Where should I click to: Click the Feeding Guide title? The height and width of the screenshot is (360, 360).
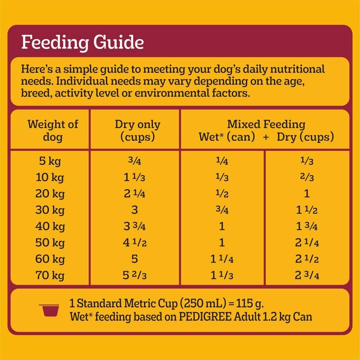pyautogui.click(x=82, y=42)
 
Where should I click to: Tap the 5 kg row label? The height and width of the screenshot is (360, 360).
pyautogui.click(x=50, y=161)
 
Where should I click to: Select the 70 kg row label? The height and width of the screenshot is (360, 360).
pyautogui.click(x=50, y=276)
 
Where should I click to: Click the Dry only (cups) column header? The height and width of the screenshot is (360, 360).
pyautogui.click(x=138, y=131)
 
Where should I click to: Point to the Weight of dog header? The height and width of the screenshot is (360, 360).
pyautogui.click(x=53, y=131)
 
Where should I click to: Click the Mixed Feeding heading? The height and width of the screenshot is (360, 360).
pyautogui.click(x=266, y=125)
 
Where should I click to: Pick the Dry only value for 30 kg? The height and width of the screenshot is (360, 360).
pyautogui.click(x=135, y=210)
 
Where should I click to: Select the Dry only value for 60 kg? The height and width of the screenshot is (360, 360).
pyautogui.click(x=135, y=259)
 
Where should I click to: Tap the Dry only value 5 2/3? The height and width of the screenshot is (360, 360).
pyautogui.click(x=135, y=276)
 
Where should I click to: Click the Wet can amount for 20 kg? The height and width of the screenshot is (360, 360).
pyautogui.click(x=222, y=194)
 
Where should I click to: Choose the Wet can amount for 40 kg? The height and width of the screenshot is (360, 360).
pyautogui.click(x=222, y=226)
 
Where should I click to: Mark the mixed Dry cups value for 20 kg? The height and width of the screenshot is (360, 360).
pyautogui.click(x=307, y=194)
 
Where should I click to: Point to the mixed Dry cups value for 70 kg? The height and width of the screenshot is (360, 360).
pyautogui.click(x=307, y=276)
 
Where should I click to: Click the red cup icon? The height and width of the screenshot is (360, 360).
pyautogui.click(x=49, y=310)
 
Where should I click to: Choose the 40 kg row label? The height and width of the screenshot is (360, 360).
pyautogui.click(x=50, y=226)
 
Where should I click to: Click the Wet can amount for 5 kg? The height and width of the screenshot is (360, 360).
pyautogui.click(x=222, y=161)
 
